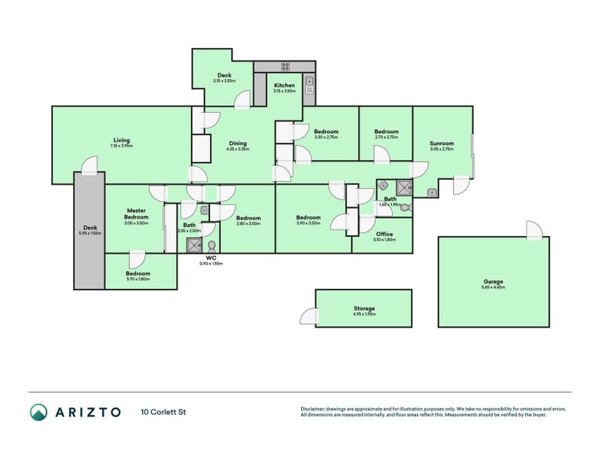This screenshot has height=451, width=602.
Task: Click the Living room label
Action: [x=121, y=141]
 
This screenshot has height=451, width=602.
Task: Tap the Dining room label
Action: [x=237, y=144]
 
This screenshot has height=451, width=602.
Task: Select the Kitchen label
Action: [x=284, y=86]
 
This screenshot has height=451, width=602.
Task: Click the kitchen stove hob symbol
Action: [x=286, y=67]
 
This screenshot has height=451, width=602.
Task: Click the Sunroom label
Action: [x=442, y=144]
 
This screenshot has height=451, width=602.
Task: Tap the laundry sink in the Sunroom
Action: [x=431, y=192]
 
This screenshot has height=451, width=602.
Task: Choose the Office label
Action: [x=384, y=234]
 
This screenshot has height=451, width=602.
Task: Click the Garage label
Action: [x=494, y=282]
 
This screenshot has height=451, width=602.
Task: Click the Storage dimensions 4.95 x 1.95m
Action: [x=364, y=314]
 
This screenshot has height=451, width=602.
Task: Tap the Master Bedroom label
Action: [x=136, y=213]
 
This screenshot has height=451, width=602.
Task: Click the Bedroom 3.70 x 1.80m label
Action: [x=138, y=274]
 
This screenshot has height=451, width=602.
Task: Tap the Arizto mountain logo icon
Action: [x=38, y=411]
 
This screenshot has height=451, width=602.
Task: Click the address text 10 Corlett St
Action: [x=163, y=412]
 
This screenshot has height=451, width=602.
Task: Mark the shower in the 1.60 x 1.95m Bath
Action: [x=404, y=188]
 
